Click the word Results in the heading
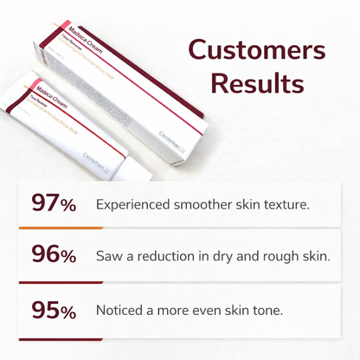click(x=247, y=84)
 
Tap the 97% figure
click(x=54, y=203)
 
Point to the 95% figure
click(x=54, y=309)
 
